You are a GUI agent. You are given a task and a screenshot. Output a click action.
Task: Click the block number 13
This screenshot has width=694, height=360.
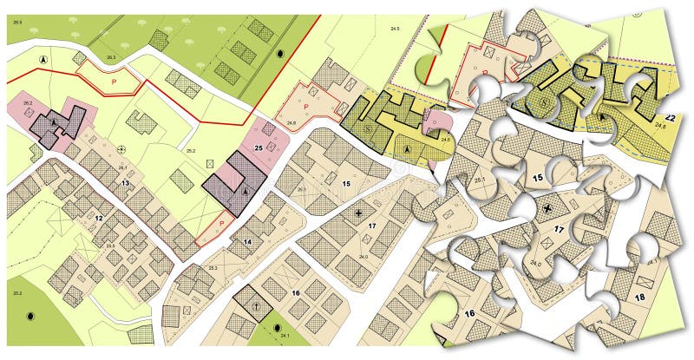tap(125, 183)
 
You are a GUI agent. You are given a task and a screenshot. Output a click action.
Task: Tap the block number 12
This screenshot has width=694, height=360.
tap(99, 217)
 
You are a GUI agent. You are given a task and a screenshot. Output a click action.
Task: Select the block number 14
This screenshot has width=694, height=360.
tap(247, 241)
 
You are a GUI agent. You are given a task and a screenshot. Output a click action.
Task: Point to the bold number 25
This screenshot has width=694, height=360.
tap(258, 148)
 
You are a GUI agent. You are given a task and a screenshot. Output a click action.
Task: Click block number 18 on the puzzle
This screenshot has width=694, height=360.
tap(639, 297)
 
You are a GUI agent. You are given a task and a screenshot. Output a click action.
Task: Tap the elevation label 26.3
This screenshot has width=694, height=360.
tap(110, 58)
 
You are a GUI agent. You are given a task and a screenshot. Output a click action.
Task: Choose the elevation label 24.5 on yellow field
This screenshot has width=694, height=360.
tap(395, 29)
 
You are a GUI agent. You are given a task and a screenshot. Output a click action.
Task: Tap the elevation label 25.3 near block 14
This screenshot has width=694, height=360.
tap(213, 268)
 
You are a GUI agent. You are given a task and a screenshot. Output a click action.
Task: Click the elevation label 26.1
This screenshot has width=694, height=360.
tap(123, 167)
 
